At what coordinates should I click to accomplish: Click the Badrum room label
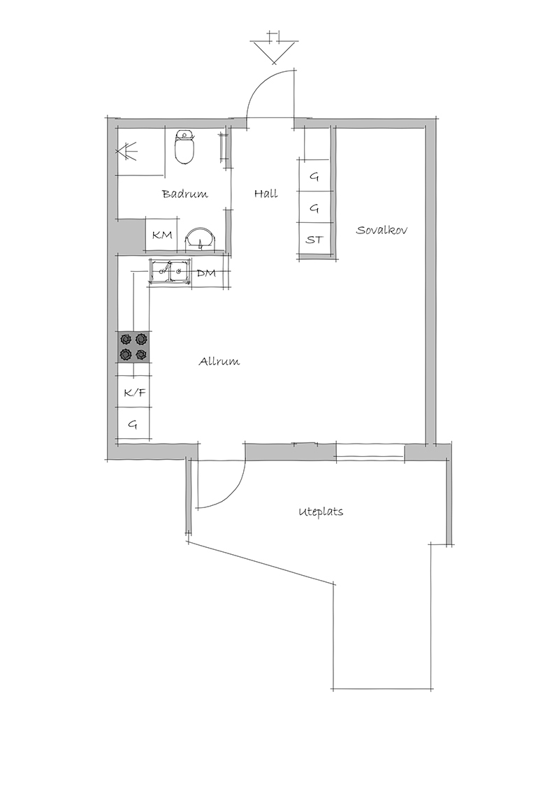[184, 194]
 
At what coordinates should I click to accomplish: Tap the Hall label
[266, 194]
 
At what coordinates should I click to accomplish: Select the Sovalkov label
[382, 230]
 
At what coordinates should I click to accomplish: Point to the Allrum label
[219, 361]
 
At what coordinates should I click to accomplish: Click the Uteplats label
[321, 511]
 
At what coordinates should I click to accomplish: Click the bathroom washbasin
[201, 239]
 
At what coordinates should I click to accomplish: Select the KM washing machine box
[162, 235]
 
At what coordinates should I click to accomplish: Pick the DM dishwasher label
[206, 273]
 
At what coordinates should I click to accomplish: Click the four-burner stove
[133, 347]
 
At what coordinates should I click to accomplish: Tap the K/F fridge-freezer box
[133, 391]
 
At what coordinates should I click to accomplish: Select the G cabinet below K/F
[133, 423]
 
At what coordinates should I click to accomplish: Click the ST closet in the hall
[315, 240]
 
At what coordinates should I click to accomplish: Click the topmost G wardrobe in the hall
[315, 175]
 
